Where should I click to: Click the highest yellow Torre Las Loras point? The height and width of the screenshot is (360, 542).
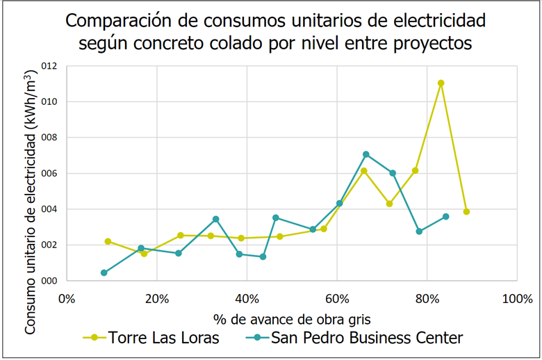point(441,83)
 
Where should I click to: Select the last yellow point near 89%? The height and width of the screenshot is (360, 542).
point(466,211)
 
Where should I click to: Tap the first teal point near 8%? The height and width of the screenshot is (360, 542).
point(104,272)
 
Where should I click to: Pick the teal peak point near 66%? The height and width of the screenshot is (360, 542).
point(366,154)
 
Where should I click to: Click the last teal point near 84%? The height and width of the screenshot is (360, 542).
point(445,217)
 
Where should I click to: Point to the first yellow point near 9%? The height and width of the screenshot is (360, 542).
point(108,241)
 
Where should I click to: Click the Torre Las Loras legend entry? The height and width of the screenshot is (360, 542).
point(164,338)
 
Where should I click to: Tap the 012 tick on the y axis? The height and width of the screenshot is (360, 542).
point(48,66)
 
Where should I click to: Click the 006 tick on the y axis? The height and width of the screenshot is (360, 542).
point(48,173)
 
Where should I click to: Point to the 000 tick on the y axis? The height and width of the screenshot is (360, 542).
point(48,281)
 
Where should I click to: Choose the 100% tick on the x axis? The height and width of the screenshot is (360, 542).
point(516,300)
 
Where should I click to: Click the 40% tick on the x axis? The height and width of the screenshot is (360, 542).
point(247,300)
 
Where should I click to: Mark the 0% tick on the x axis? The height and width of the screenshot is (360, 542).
point(67,300)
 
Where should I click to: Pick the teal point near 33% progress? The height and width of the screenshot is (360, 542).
point(215,219)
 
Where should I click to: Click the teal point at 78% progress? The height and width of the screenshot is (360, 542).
point(419,231)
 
